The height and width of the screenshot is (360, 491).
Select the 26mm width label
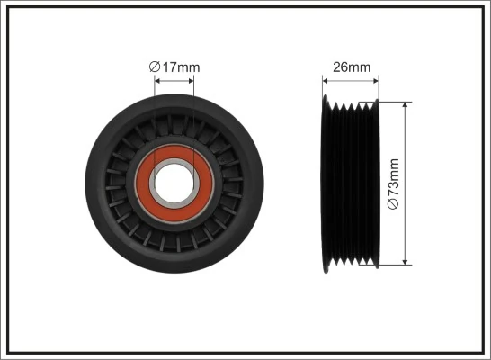pyautogui.click(x=352, y=66)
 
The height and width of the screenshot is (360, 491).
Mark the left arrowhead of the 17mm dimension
pyautogui.click(x=157, y=80)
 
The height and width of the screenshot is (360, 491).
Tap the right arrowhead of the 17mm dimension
pyautogui.click(x=191, y=80)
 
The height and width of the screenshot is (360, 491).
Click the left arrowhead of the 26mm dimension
pyautogui.click(x=326, y=81)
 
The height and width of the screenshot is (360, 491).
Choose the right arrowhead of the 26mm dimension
pyautogui.click(x=377, y=81)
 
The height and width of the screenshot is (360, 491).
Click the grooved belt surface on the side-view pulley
pyautogui.click(x=355, y=184)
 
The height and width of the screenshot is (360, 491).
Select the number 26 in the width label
pyautogui.click(x=342, y=66)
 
